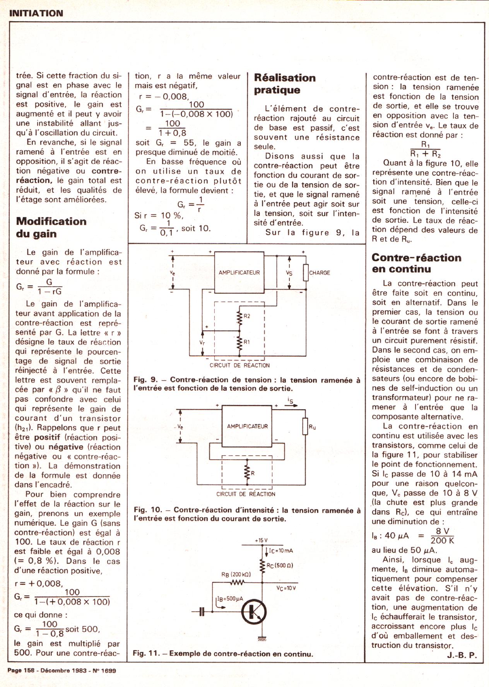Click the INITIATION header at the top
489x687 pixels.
pyautogui.click(x=36, y=13)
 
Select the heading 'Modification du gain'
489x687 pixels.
pyautogui.click(x=51, y=227)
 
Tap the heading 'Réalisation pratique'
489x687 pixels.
pyautogui.click(x=285, y=84)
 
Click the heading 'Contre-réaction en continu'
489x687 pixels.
pyautogui.click(x=416, y=263)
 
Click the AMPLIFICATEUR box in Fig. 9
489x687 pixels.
pyautogui.click(x=239, y=273)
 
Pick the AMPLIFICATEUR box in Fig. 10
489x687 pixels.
pyautogui.click(x=247, y=426)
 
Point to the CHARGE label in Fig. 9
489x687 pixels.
pyautogui.click(x=320, y=273)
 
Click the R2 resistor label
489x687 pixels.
pyautogui.click(x=247, y=316)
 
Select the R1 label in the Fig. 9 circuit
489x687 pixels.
pyautogui.click(x=247, y=342)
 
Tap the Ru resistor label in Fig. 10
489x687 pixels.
pyautogui.click(x=312, y=427)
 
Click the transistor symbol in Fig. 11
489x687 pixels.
pyautogui.click(x=254, y=612)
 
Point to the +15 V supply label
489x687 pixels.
pyautogui.click(x=261, y=540)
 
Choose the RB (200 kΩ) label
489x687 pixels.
pyautogui.click(x=236, y=574)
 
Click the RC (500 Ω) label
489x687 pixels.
pyautogui.click(x=280, y=565)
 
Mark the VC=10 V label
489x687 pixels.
pyautogui.click(x=286, y=588)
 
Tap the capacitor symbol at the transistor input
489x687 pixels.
pyautogui.click(x=201, y=612)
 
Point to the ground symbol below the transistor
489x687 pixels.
pyautogui.click(x=262, y=639)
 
